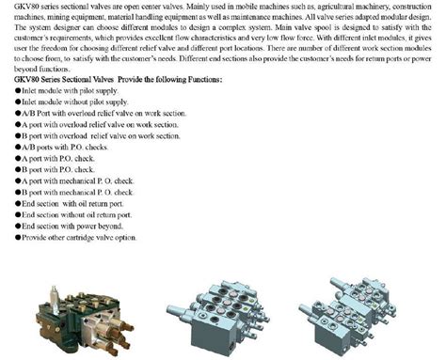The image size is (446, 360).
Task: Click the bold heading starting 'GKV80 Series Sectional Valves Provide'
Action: [x=113, y=80]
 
